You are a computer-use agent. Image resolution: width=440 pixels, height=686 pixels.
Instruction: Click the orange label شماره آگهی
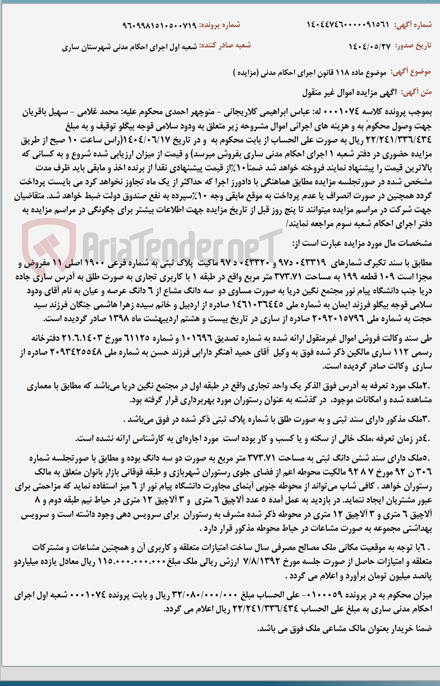click(x=413, y=24)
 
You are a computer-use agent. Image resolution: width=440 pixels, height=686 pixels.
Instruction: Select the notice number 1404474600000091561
click(x=348, y=24)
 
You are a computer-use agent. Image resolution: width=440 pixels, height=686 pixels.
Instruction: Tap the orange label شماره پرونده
click(x=220, y=25)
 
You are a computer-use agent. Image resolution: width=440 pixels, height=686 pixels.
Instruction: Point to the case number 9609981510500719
click(x=159, y=25)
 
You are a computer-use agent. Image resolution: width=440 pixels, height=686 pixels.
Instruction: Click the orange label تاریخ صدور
click(x=413, y=45)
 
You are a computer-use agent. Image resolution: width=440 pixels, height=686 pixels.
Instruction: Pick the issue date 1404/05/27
click(x=369, y=46)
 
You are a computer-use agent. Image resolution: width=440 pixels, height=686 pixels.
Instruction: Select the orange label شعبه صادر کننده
click(x=225, y=45)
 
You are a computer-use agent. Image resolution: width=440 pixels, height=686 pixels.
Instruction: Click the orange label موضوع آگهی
click(x=410, y=72)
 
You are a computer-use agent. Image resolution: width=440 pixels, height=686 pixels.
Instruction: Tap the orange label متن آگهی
click(x=416, y=92)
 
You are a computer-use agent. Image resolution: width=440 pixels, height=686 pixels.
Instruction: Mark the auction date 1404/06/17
click(x=148, y=140)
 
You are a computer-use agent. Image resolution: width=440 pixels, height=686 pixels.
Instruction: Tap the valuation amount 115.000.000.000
click(x=130, y=561)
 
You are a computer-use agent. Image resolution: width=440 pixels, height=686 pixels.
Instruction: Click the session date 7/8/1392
click(x=261, y=561)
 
